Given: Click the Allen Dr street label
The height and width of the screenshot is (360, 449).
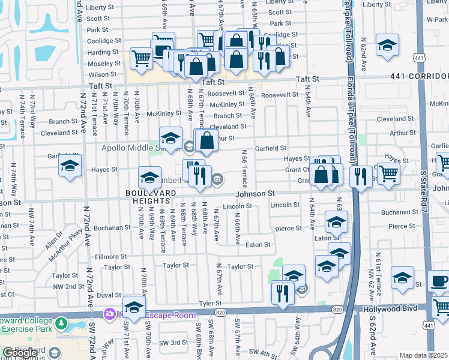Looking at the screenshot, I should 52,239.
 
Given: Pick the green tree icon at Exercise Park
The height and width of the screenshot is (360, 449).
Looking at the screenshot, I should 61,324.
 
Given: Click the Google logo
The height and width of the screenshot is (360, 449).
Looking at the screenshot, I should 20,353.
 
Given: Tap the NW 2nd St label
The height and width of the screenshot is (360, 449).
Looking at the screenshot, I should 68,286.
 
